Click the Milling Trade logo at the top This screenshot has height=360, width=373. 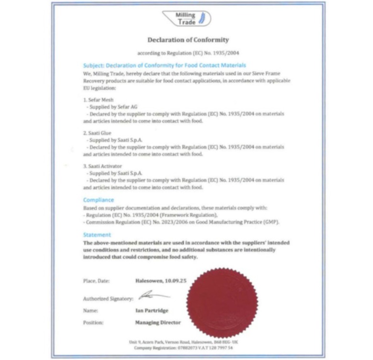coord(186,18)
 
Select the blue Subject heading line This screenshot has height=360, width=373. coord(165,65)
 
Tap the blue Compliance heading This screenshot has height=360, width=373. coord(99,200)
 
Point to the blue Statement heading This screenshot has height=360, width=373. coord(97,235)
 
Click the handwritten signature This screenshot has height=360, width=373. coord(153,296)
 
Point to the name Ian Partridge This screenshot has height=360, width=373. coord(152,310)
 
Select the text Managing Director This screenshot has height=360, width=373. coord(158,323)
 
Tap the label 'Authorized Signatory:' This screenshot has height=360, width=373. coord(108,299)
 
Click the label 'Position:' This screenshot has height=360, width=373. coord(93,323)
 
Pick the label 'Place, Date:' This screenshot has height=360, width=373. coord(96,281)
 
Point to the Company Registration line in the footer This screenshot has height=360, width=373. coord(186,348)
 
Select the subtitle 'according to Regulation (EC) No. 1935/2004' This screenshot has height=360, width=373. coord(188,54)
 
